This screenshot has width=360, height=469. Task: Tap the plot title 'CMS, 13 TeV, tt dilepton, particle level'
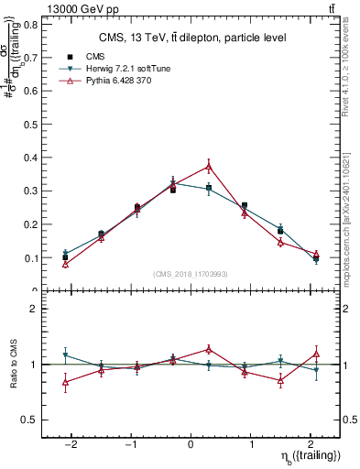192,38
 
